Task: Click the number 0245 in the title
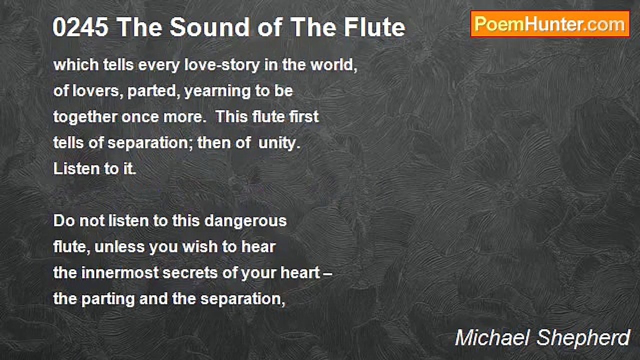point(80,27)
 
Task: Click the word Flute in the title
point(374,27)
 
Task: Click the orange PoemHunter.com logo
point(550,24)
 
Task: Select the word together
point(85,117)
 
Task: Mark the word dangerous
point(245,221)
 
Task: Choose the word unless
point(119,247)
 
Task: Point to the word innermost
point(120,273)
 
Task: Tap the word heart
point(300,273)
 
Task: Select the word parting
point(108,299)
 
